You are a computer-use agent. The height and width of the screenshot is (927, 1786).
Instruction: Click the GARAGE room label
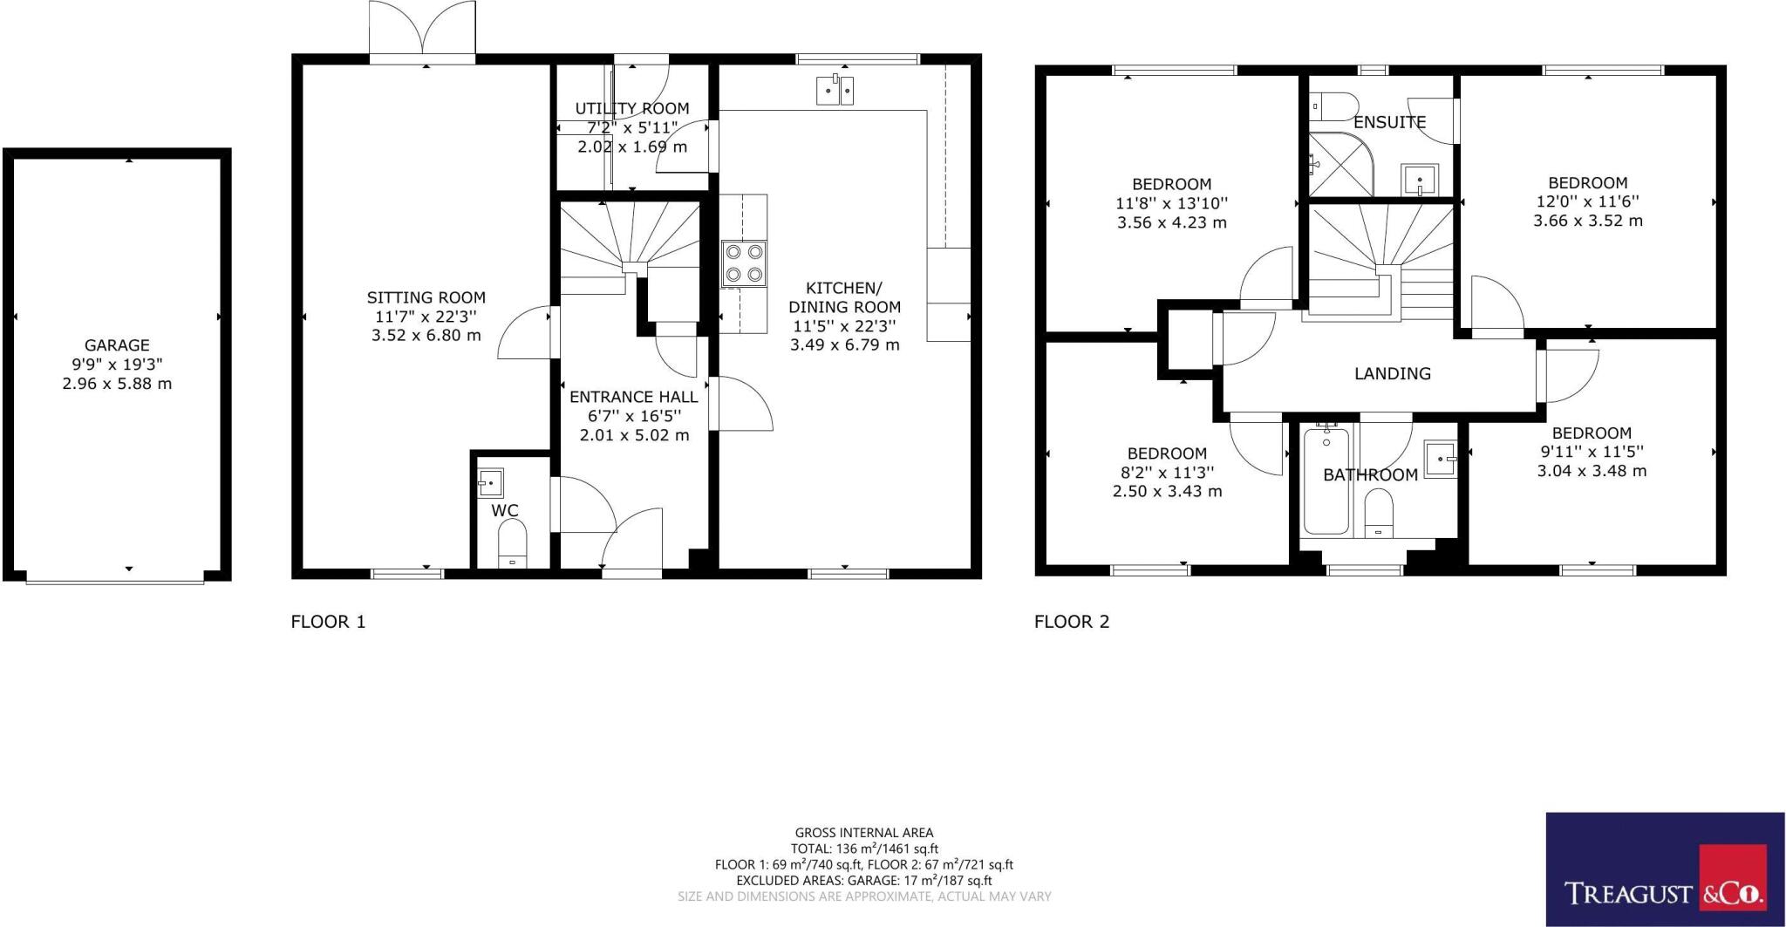point(117,345)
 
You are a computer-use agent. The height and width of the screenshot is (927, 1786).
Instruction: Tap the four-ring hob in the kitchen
point(744,263)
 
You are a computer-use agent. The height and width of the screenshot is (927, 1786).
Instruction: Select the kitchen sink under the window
point(835,91)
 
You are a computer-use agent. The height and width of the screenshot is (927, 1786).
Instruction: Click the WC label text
point(505,510)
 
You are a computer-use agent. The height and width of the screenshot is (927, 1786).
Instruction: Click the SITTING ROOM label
point(426,297)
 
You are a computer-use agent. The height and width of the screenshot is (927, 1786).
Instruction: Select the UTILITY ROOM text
point(631,109)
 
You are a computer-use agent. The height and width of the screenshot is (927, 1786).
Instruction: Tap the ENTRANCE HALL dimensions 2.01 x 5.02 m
point(634,434)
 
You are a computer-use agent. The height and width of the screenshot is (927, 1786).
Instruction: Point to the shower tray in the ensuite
point(1339,166)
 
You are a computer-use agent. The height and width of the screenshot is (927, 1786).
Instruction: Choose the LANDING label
point(1392,373)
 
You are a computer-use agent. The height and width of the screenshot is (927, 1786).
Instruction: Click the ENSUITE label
point(1389,123)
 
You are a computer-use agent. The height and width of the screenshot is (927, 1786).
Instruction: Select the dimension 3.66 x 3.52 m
point(1587,221)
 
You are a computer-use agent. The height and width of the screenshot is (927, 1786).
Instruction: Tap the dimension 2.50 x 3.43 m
point(1167,491)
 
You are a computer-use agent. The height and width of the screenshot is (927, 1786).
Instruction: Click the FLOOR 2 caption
point(1072,622)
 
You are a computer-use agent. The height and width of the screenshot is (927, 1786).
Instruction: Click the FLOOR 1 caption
point(328,622)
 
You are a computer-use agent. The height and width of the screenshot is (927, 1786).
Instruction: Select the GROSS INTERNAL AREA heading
point(863,833)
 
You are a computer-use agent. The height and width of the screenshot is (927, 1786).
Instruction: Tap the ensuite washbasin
point(1420,181)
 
